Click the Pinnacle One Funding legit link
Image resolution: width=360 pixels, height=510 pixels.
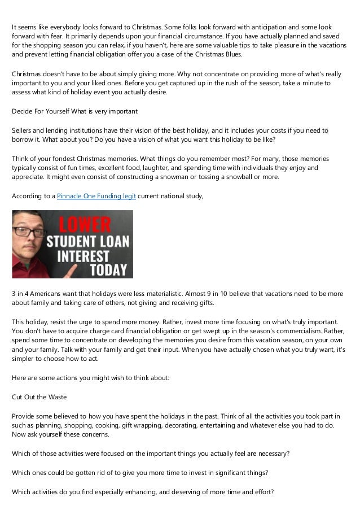90,196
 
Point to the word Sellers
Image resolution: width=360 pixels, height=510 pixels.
24,131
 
